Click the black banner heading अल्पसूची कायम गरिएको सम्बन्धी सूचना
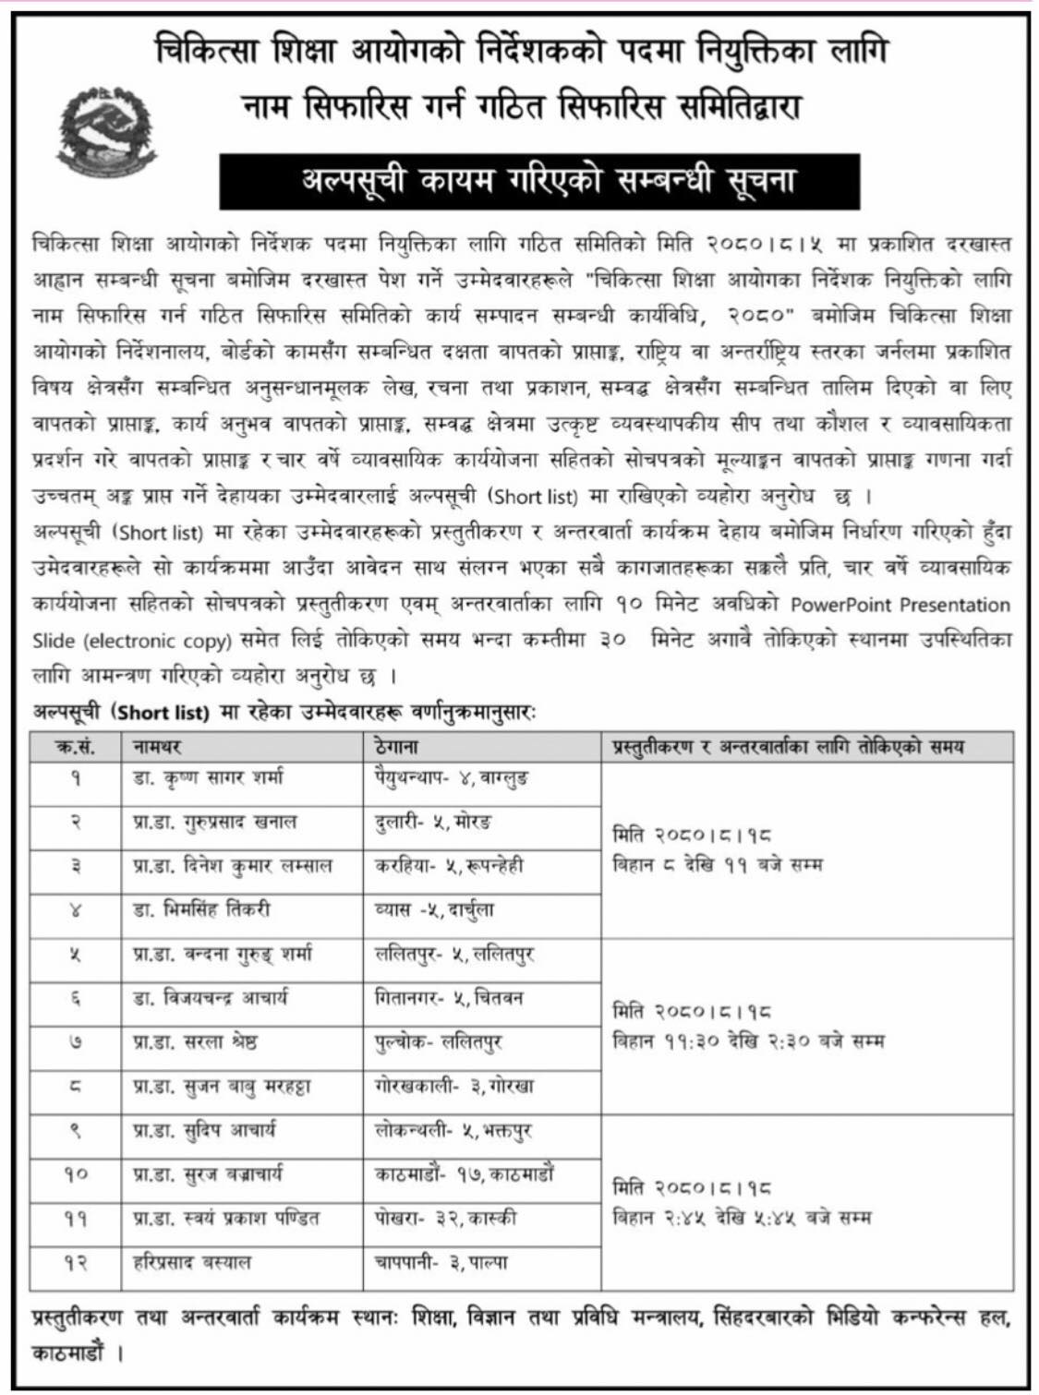539,181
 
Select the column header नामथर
157,746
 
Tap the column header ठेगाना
397,746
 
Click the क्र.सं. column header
75,746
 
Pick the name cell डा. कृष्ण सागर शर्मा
209,778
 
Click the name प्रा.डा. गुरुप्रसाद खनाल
215,822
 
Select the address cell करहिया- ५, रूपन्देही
449,866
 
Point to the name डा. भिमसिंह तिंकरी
202,909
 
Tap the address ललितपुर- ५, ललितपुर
454,954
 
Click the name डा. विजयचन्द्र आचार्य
211,998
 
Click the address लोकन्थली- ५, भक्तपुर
453,1131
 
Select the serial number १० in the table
75,1174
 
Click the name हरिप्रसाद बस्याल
192,1262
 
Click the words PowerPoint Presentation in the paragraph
900,606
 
